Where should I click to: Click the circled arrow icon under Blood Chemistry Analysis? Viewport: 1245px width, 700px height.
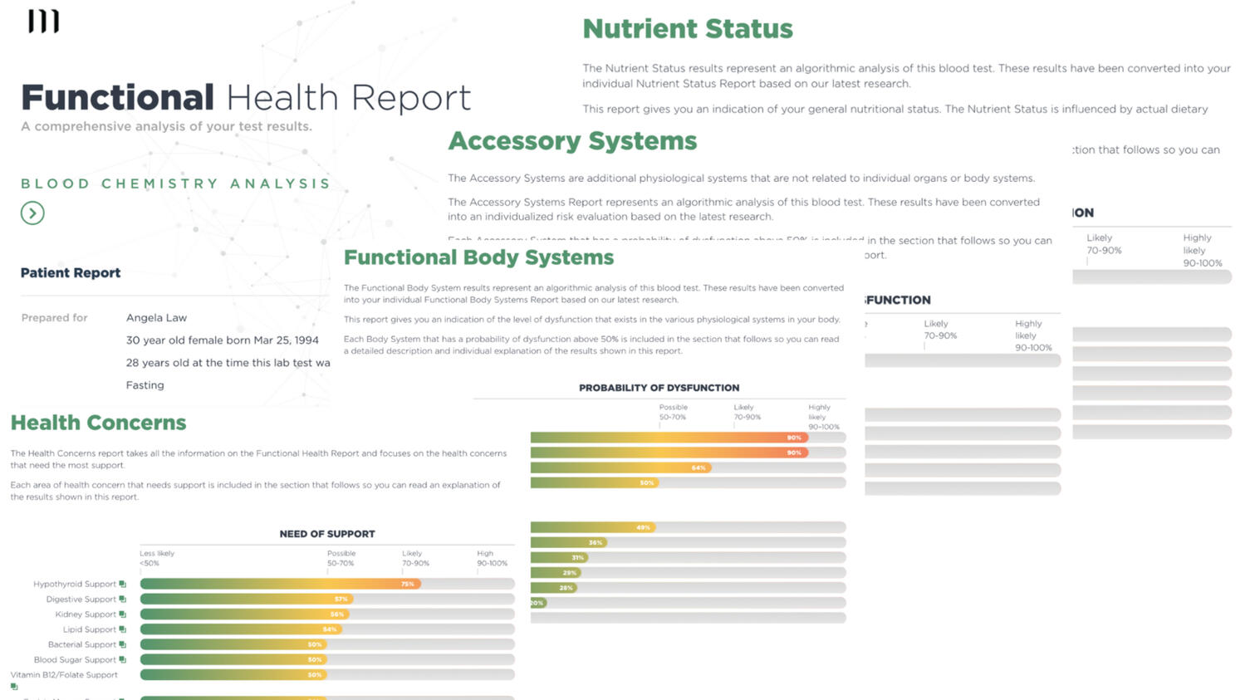coord(32,213)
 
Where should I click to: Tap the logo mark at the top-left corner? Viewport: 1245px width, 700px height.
coord(43,22)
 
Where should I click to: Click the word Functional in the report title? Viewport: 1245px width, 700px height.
coord(117,98)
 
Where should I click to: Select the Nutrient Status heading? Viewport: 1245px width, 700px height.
coord(687,29)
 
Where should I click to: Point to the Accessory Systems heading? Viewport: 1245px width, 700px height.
coord(572,141)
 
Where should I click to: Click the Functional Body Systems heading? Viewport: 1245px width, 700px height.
coord(478,257)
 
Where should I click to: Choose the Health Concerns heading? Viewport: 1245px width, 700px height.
coord(98,423)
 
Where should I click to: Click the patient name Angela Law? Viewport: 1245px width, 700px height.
coord(156,318)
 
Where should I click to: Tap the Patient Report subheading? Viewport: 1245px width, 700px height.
coord(71,273)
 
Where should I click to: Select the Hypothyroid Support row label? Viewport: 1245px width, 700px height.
coord(75,584)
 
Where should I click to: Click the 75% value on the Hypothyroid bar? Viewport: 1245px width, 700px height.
coord(407,584)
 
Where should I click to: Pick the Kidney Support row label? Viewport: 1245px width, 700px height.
coord(86,614)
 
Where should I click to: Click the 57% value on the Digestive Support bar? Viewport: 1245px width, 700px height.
coord(341,599)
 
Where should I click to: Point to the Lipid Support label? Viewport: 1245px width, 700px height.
coord(90,629)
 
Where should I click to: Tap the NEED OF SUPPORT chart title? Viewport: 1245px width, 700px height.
coord(327,534)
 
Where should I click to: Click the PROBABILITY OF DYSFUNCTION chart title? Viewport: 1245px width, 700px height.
coord(659,388)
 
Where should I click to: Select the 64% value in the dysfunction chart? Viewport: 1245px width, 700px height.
coord(698,467)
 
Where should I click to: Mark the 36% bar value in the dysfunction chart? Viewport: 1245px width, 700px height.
coord(595,542)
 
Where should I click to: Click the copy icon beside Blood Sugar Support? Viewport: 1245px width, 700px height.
coord(123,659)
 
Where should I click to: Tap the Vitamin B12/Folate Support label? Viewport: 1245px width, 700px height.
coord(64,675)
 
